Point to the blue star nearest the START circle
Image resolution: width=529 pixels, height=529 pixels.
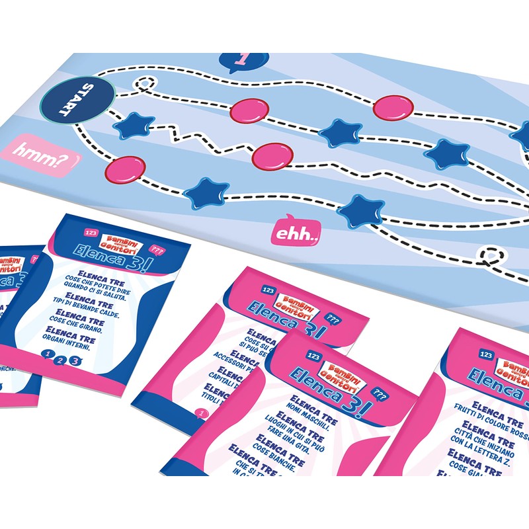tap(134, 125)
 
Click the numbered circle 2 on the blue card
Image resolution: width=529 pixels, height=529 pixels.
tap(60, 361)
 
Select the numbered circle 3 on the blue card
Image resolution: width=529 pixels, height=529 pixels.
tap(75, 361)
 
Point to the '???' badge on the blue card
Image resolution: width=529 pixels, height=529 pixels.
tap(157, 251)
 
